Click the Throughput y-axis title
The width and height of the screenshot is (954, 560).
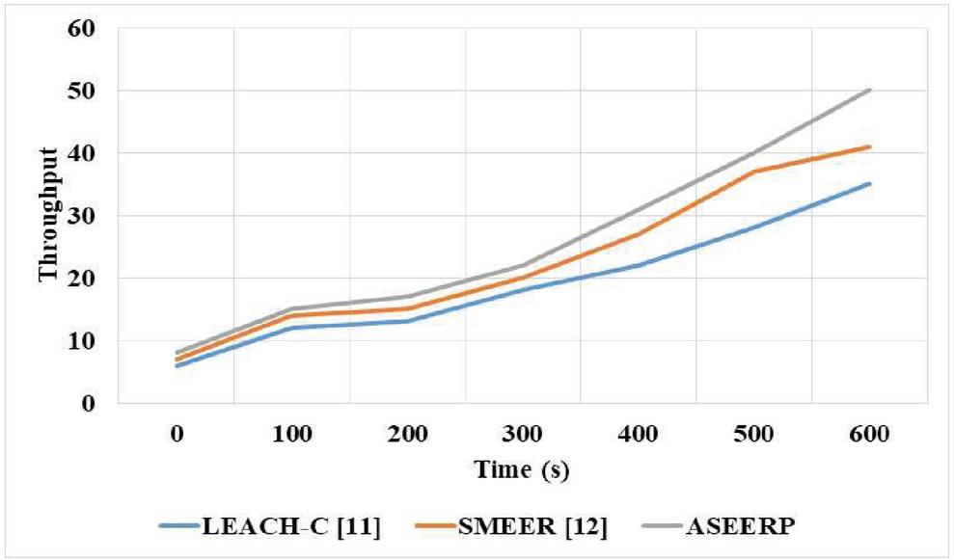coord(47,214)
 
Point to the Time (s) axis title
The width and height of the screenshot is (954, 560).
coord(522,469)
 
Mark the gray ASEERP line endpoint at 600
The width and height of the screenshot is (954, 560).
coord(870,90)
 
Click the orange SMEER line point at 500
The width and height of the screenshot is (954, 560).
coord(754,172)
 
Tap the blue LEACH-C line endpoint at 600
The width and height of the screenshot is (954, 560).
coord(870,183)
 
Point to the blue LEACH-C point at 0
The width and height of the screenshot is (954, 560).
coord(177,365)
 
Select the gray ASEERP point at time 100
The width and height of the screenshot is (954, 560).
coord(291,309)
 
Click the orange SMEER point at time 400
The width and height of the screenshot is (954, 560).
coord(639,234)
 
